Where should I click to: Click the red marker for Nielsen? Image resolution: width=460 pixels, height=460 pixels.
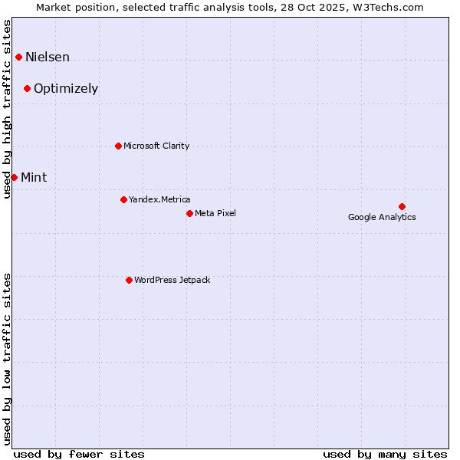click(x=18, y=57)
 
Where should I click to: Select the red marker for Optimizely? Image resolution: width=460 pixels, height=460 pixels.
click(x=27, y=88)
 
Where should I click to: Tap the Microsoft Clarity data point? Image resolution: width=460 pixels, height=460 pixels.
click(x=118, y=146)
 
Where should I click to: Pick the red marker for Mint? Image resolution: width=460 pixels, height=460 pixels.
click(x=14, y=177)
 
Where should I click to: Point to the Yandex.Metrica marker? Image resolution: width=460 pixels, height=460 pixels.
click(x=123, y=199)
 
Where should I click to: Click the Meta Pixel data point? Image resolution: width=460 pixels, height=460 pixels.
click(x=189, y=213)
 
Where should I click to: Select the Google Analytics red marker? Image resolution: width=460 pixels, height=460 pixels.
click(x=402, y=206)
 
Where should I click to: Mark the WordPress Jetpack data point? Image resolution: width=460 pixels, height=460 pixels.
click(x=129, y=280)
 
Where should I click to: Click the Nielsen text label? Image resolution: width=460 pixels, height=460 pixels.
click(x=48, y=58)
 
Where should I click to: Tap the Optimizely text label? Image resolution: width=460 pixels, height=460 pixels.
click(x=66, y=89)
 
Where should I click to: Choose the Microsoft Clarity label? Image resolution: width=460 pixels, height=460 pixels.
click(x=156, y=146)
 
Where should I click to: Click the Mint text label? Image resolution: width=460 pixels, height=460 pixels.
click(x=34, y=178)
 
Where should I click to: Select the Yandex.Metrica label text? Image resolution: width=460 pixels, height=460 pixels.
click(x=159, y=200)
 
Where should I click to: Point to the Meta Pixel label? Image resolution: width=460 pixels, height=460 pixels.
click(x=215, y=214)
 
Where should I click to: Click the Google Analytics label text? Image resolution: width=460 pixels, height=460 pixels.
click(x=382, y=218)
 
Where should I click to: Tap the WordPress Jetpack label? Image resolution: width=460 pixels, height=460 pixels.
click(x=172, y=281)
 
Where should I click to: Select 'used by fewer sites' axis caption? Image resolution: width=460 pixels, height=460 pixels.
click(x=79, y=455)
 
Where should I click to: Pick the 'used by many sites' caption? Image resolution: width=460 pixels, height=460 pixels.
click(x=385, y=455)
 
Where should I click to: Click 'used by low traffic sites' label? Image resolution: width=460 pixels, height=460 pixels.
click(x=8, y=358)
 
